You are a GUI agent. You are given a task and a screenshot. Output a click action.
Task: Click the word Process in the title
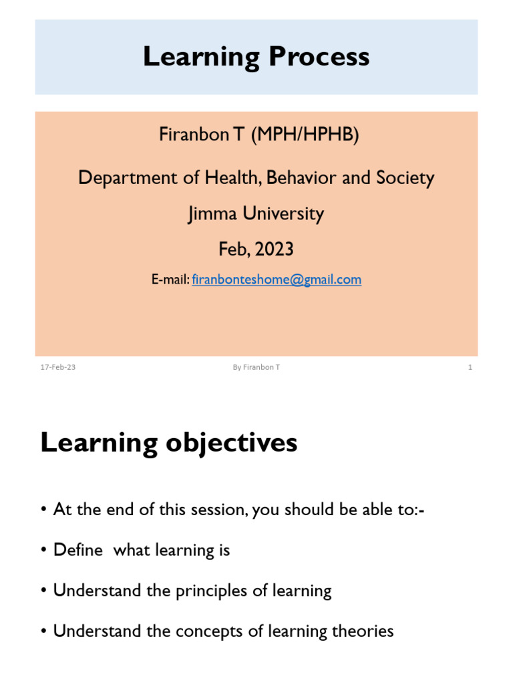[x=319, y=58]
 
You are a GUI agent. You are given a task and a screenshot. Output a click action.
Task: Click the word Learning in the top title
[x=201, y=58]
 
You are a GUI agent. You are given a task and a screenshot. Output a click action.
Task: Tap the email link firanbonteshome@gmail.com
[x=277, y=280]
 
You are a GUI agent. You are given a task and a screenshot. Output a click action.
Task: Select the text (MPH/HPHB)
[x=305, y=134]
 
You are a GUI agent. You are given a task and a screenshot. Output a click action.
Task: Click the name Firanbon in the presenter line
[x=194, y=134]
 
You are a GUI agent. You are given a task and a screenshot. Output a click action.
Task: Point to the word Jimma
[x=212, y=214]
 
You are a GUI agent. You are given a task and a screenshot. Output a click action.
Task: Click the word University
[x=283, y=214]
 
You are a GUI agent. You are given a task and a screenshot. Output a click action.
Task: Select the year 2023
[x=274, y=250]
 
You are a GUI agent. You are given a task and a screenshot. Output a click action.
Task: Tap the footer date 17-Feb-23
[x=58, y=367]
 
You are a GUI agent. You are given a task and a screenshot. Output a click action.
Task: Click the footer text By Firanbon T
[x=256, y=367]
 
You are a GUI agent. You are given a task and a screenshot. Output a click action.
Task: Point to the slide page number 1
[x=470, y=367]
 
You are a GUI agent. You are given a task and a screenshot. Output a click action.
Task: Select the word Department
[x=128, y=178]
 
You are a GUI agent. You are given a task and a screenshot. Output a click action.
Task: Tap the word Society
[x=405, y=178]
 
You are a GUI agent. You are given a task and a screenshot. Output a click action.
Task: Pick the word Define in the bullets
[x=78, y=550]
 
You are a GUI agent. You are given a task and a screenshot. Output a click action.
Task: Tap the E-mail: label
[x=170, y=280]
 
